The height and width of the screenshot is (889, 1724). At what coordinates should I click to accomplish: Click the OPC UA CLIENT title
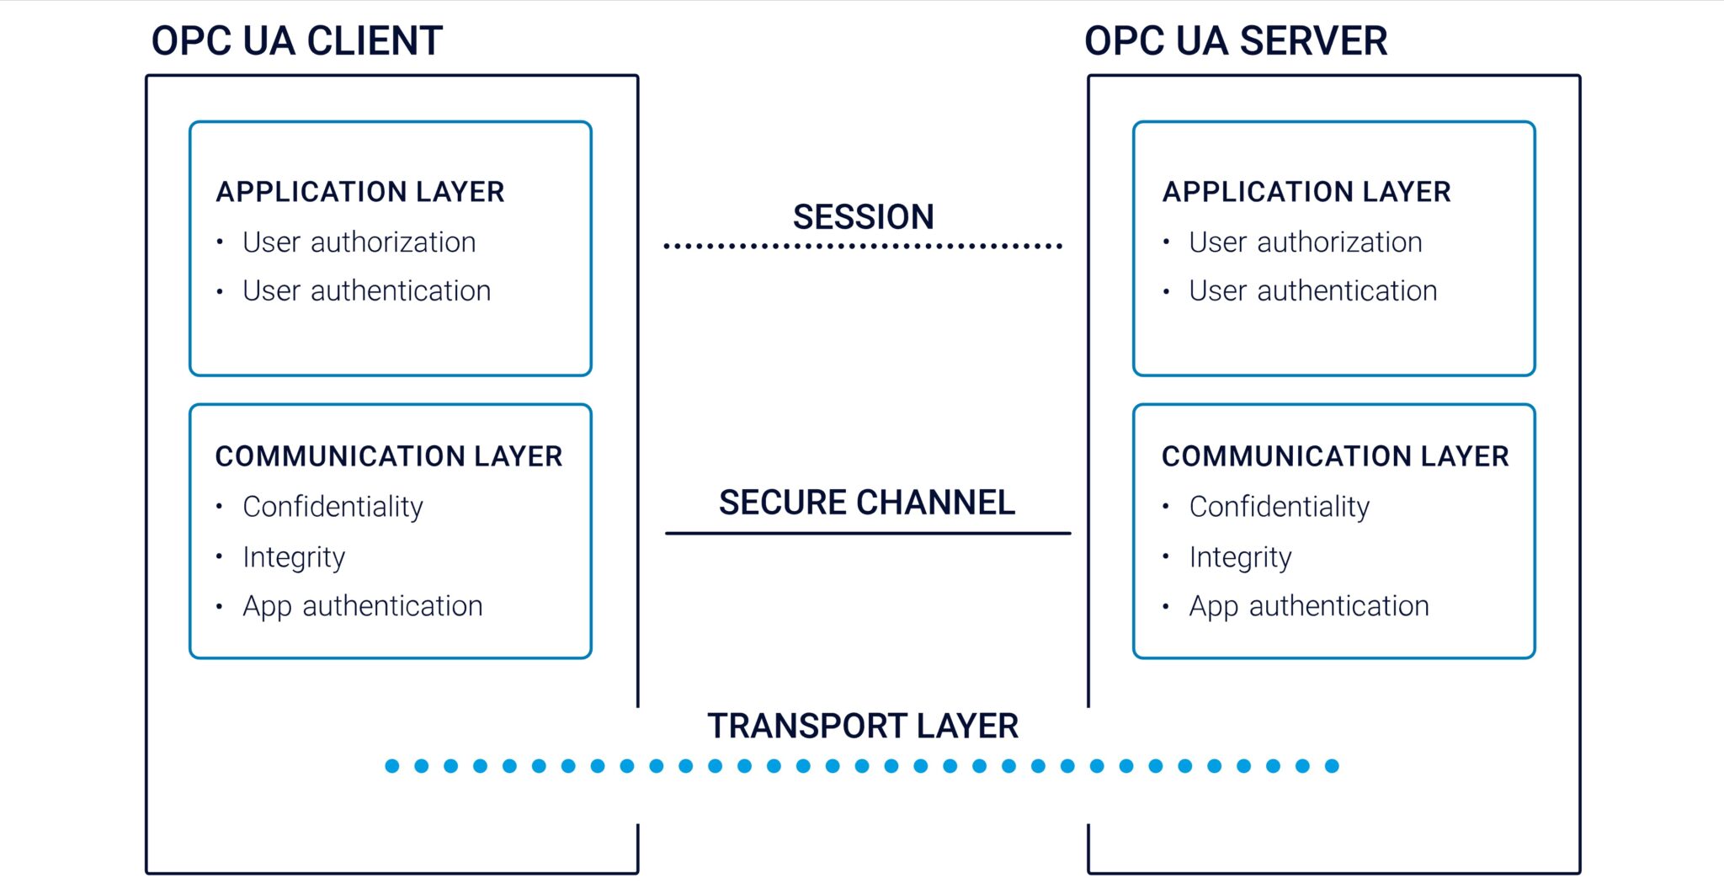click(296, 40)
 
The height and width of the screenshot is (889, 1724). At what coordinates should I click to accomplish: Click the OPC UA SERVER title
click(1236, 40)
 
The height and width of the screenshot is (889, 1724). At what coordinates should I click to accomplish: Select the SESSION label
click(863, 216)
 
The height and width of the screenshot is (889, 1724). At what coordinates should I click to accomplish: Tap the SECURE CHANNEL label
click(867, 503)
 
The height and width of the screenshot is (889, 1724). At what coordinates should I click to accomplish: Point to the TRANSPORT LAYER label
click(863, 726)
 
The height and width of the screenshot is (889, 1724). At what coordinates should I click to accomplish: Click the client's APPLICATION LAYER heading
click(360, 192)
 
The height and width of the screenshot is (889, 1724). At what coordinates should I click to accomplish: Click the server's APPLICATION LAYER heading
click(1306, 192)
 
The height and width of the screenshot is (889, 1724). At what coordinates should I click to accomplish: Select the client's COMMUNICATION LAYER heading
click(388, 456)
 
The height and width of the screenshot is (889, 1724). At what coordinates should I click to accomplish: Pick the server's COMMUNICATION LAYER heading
click(1335, 456)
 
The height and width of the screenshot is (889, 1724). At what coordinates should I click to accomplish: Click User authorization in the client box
click(359, 242)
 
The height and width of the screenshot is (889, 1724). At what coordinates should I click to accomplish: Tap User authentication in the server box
click(1312, 291)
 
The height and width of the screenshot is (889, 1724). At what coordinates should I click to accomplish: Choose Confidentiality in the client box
click(333, 507)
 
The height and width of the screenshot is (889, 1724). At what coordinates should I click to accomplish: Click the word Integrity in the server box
click(1240, 557)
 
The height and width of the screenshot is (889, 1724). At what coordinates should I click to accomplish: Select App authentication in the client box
click(362, 606)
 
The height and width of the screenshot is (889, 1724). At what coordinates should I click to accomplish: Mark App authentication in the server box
click(1309, 606)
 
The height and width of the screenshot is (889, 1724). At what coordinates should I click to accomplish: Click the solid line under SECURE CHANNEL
click(867, 533)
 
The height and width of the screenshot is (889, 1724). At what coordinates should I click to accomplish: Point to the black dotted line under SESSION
click(863, 247)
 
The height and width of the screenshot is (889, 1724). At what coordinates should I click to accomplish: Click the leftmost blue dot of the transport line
click(392, 766)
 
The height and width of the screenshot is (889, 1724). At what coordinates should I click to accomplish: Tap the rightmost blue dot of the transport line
click(1332, 766)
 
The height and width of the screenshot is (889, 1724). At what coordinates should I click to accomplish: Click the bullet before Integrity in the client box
click(219, 556)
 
